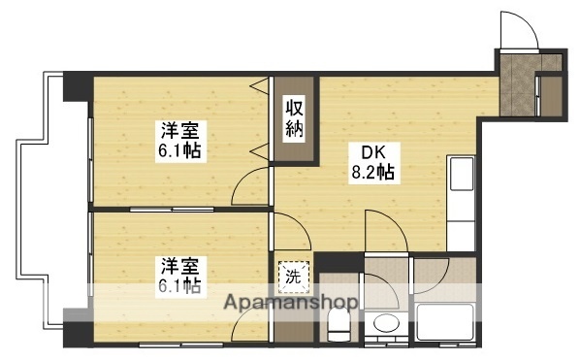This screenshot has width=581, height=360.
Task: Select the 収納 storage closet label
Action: tap(295, 117)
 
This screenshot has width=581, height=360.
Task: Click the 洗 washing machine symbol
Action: tap(293, 275)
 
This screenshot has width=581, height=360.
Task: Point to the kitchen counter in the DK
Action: tap(461, 202)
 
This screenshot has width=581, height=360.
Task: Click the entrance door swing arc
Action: tap(518, 29)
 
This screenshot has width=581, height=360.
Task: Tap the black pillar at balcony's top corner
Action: tap(76, 86)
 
